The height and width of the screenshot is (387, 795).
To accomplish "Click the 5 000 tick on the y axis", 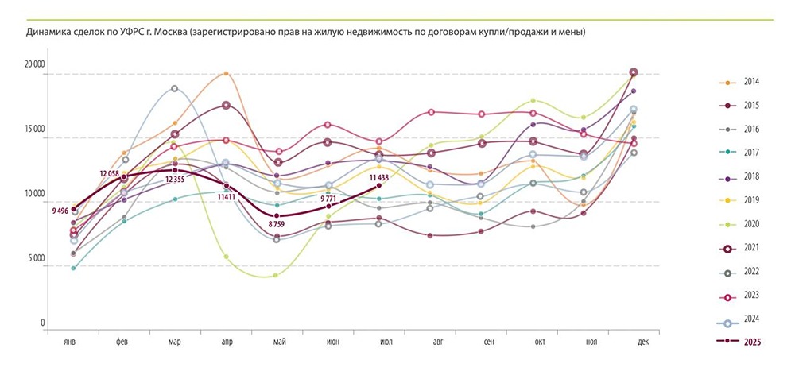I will point(35,259).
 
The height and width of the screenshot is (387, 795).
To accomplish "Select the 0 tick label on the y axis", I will point(43,323).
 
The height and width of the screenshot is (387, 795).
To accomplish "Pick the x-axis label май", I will point(277,342).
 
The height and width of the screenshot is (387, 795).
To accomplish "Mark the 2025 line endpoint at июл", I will point(379,185).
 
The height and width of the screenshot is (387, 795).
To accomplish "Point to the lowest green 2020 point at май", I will point(275,275).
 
